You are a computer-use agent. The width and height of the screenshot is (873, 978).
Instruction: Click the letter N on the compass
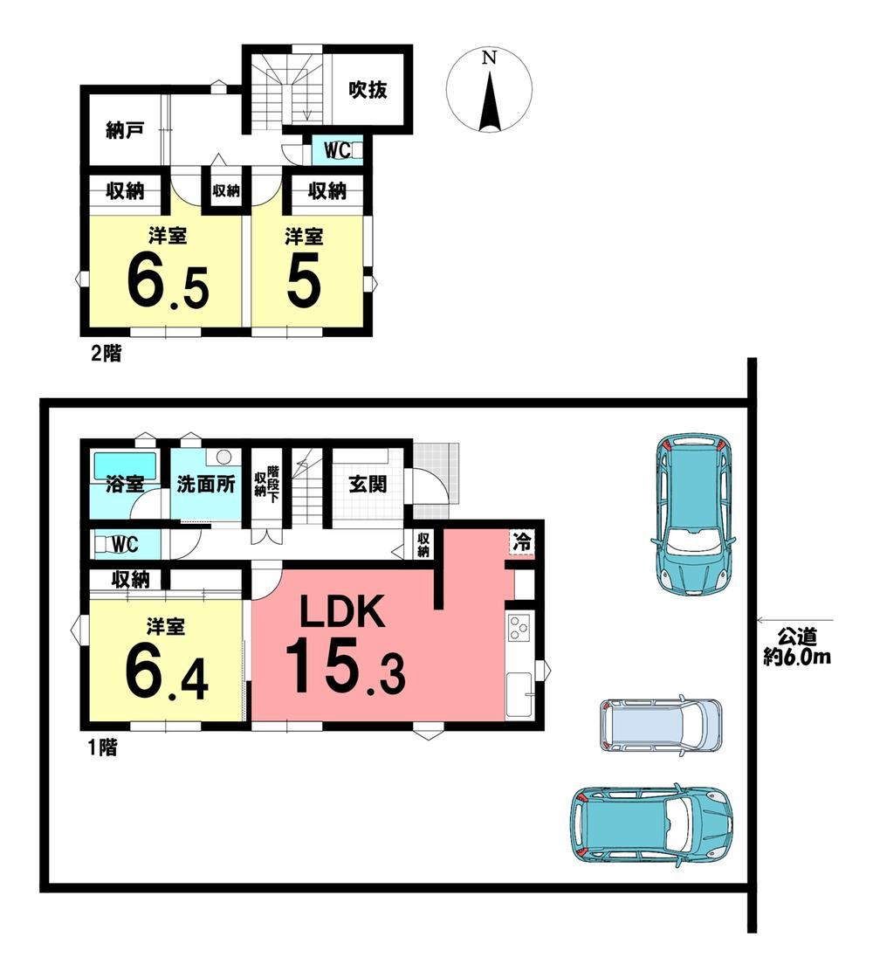tap(490, 58)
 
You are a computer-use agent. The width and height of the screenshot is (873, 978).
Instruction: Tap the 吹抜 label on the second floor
tap(368, 90)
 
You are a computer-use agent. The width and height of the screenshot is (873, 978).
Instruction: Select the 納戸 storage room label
tap(126, 130)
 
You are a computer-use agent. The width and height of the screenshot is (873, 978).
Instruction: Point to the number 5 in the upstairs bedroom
tap(305, 281)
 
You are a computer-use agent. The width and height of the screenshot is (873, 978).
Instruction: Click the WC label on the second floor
tap(337, 150)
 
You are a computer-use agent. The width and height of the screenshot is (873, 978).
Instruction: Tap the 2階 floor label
tap(106, 355)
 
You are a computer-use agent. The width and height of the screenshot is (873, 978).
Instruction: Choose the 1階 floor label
tap(102, 747)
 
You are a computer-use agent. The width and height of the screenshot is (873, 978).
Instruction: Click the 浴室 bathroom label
tap(125, 484)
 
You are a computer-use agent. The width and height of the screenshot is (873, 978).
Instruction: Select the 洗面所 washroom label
tap(206, 484)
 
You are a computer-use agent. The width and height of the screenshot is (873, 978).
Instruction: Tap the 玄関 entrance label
tap(368, 484)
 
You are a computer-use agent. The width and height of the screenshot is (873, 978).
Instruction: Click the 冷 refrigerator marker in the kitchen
tap(522, 541)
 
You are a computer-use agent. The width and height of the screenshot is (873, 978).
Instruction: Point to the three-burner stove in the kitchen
tap(519, 628)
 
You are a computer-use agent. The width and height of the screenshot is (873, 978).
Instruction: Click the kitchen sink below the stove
tap(519, 694)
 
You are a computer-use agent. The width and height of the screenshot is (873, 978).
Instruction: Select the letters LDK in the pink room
tap(341, 612)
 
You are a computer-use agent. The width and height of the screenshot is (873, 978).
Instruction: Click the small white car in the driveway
tap(661, 724)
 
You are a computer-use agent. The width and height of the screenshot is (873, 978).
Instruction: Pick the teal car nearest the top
tap(692, 513)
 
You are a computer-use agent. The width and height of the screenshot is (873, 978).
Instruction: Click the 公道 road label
tap(798, 638)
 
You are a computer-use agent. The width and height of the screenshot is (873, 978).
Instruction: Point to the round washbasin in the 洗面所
tap(223, 457)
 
